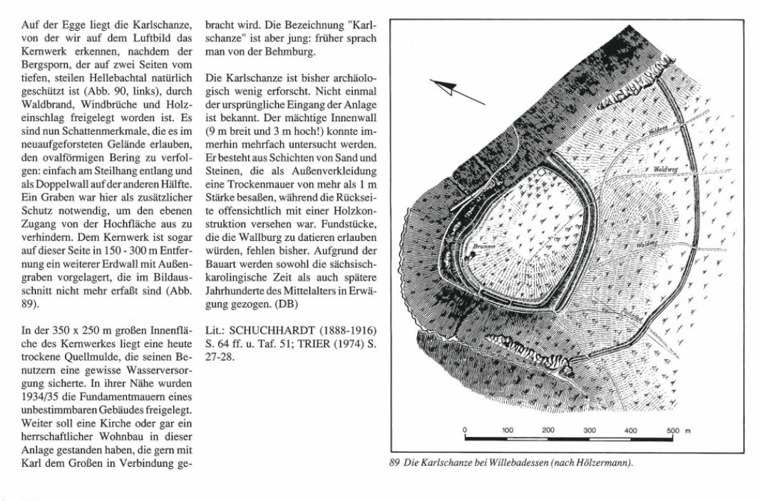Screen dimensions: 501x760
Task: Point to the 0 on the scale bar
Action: tap(465, 430)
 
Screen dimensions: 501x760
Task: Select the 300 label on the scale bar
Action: tap(590, 430)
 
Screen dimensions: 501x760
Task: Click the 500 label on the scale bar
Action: tap(674, 430)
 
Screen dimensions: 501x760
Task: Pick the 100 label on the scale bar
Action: tap(507, 430)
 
